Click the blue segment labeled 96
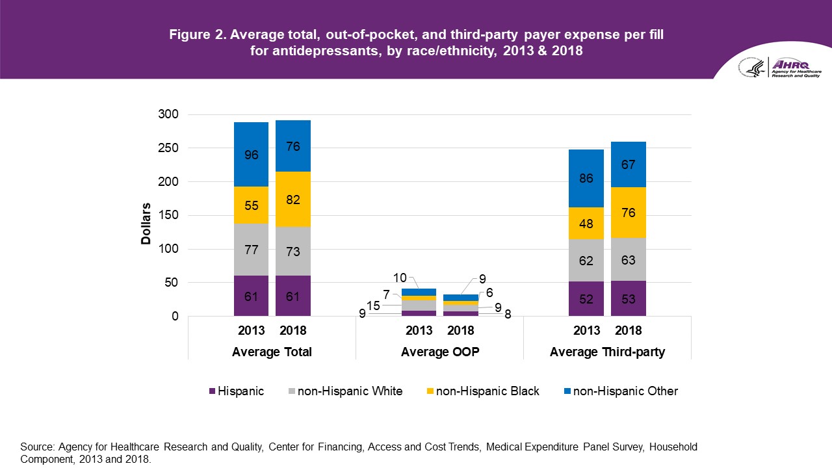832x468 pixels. coord(252,155)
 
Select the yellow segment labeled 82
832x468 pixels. coord(293,200)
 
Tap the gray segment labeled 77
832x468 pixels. coord(252,250)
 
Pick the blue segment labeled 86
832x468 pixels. coord(586,179)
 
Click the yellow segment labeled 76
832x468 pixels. coord(628,213)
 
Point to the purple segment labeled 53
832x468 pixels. coord(628,299)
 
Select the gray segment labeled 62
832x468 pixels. coord(586,261)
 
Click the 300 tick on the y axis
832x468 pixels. coord(168,115)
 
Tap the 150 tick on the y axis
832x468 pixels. coord(168,216)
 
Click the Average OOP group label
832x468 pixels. coord(439,352)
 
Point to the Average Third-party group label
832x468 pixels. coord(606,352)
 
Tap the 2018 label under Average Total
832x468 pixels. coord(293,331)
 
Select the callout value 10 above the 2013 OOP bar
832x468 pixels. coord(399,276)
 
